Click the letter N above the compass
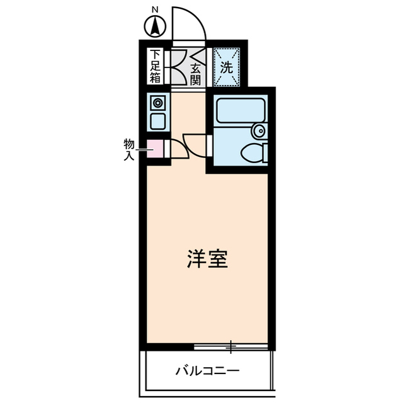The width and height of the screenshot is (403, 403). coord(155,9)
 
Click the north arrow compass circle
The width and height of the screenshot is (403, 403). coord(155,28)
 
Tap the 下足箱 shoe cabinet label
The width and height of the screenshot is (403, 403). coord(156,67)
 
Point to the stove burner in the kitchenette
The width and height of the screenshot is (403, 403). coord(157,103)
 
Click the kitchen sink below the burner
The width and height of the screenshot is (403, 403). coord(157,120)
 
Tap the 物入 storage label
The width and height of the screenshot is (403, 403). coord(129,149)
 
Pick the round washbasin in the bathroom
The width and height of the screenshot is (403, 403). coord(258,131)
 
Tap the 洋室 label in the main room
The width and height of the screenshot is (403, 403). coord(207,259)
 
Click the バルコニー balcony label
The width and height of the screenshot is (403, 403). coord(207,370)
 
